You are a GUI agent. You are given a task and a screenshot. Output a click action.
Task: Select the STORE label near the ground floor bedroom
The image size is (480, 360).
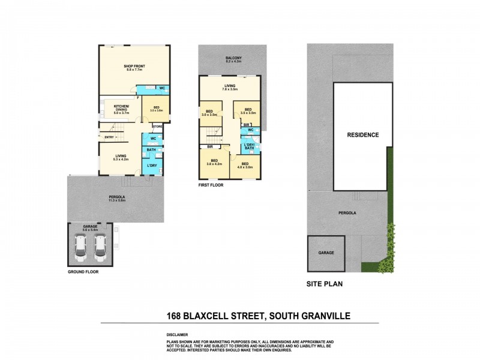pyautogui.click(x=157, y=126)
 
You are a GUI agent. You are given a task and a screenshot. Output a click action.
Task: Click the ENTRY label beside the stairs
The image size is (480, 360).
pyautogui.click(x=109, y=138)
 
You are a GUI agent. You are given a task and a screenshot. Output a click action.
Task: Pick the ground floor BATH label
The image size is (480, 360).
pyautogui.click(x=151, y=150)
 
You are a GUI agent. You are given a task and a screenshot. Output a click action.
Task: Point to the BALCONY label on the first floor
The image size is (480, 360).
pyautogui.click(x=233, y=58)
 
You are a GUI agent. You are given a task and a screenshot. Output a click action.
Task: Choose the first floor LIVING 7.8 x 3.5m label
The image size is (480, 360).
pyautogui.click(x=230, y=88)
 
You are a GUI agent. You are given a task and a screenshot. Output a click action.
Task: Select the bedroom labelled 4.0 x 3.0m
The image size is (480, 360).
pyautogui.click(x=245, y=166)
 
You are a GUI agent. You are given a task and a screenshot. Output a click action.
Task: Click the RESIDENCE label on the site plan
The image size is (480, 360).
pyautogui.click(x=363, y=135)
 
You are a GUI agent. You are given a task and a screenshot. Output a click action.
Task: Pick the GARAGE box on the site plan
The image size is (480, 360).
pyautogui.click(x=326, y=253)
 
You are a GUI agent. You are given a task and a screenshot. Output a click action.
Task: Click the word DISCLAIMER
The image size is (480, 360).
pyautogui.click(x=178, y=335)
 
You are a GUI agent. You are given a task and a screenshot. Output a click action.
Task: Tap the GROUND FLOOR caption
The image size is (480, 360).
pyautogui.click(x=83, y=271)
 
